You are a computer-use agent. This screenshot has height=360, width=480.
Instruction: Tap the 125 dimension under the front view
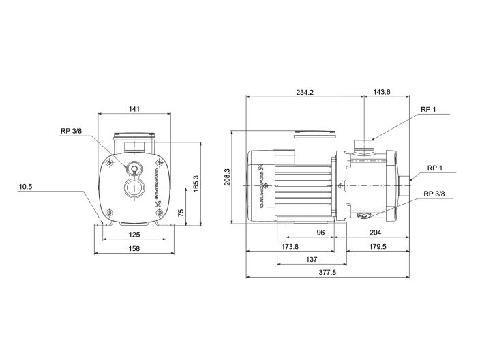click(x=134, y=235)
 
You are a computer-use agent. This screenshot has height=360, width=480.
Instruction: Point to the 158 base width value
click(x=134, y=249)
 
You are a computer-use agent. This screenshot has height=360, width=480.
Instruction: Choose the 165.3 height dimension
click(x=196, y=183)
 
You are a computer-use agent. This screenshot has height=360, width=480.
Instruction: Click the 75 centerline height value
click(x=181, y=213)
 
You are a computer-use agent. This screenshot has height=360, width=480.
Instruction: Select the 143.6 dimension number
click(x=382, y=93)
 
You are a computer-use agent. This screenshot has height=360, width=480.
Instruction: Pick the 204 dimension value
click(x=376, y=232)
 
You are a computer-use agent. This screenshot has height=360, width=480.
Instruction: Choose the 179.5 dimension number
click(x=376, y=246)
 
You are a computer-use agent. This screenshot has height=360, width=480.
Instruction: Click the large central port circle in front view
click(x=134, y=189)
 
